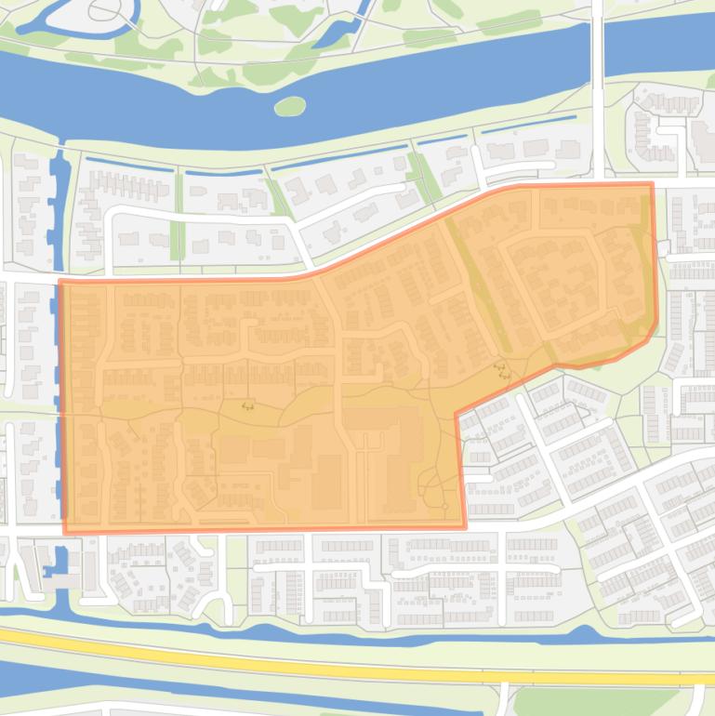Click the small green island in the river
[290, 106]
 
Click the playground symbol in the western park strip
[247, 405]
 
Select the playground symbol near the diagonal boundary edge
[502, 371]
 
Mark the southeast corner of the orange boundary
[465, 527]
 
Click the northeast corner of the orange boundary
[651, 183]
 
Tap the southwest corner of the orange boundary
[64, 532]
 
